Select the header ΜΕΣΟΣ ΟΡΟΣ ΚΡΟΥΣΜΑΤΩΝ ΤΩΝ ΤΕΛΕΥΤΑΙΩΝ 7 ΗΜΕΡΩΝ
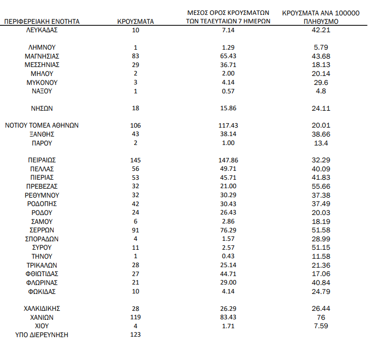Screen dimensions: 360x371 pos(226,17)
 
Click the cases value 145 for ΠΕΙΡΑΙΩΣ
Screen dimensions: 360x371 pos(136,160)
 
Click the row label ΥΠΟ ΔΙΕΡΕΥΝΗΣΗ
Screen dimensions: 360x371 pos(42,335)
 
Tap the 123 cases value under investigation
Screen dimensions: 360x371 pos(136,335)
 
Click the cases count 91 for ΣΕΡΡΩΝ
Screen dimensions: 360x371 pos(136,230)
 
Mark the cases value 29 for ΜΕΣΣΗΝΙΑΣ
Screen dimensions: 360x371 pos(136,65)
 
